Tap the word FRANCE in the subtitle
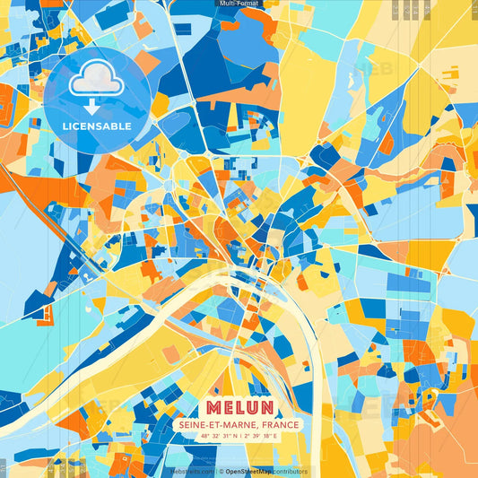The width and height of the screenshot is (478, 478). pos(278,424)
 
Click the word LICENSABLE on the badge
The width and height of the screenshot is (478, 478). pos(97,126)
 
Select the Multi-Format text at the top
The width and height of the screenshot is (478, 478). pos(239,4)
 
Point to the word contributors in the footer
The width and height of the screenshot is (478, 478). pos(289,472)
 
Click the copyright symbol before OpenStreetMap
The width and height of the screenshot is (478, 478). pos(221,472)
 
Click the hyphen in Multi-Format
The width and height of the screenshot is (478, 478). pos(236,4)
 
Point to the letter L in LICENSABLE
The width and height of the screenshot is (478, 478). pos(65,126)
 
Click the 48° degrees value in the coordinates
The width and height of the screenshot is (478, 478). pos(204,437)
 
